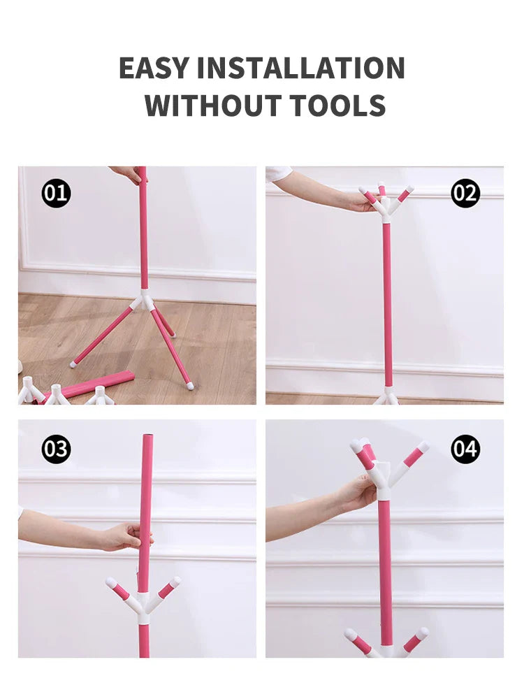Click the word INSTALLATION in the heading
pos(300,68)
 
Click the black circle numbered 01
pos(56,193)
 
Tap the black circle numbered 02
pos(465,193)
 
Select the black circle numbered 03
pos(56,449)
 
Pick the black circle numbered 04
pos(465,449)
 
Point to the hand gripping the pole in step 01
pos(127,175)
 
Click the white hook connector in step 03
pos(143,600)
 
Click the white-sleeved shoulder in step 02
pos(279,174)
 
